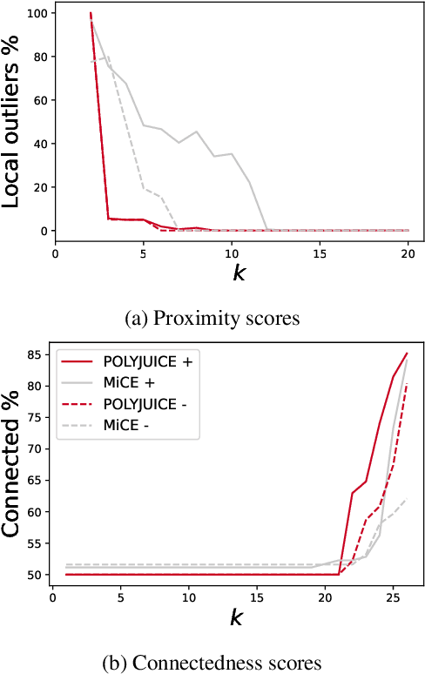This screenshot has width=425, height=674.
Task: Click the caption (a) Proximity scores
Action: (212, 319)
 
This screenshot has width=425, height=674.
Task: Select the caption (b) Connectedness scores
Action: (212, 663)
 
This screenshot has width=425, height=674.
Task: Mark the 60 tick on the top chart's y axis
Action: (37, 101)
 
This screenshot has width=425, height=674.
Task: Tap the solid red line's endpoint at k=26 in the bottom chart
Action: (407, 354)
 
